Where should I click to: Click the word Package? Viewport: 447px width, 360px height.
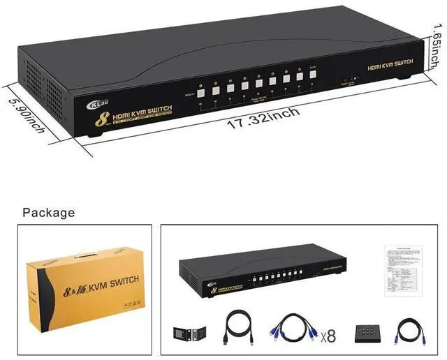pos(48,212)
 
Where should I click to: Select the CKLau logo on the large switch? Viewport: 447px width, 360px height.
pos(96,105)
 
